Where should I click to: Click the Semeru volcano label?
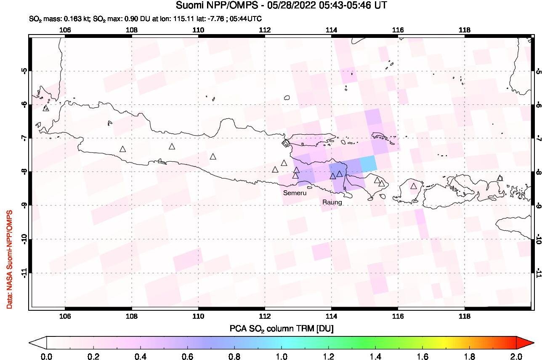coord(295,193)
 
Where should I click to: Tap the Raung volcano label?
coord(332,202)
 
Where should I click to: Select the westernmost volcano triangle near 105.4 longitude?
coord(46,108)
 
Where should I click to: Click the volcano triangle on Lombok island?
coord(414,186)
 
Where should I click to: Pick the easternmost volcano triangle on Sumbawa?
coord(499,178)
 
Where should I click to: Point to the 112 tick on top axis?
coord(265,29)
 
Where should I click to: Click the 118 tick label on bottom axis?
coord(464,316)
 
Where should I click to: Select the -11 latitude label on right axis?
coord(538,273)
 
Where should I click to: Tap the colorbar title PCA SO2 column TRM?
coord(281,328)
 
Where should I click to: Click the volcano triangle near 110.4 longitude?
coord(213,157)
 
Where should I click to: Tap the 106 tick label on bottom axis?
coord(65,316)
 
